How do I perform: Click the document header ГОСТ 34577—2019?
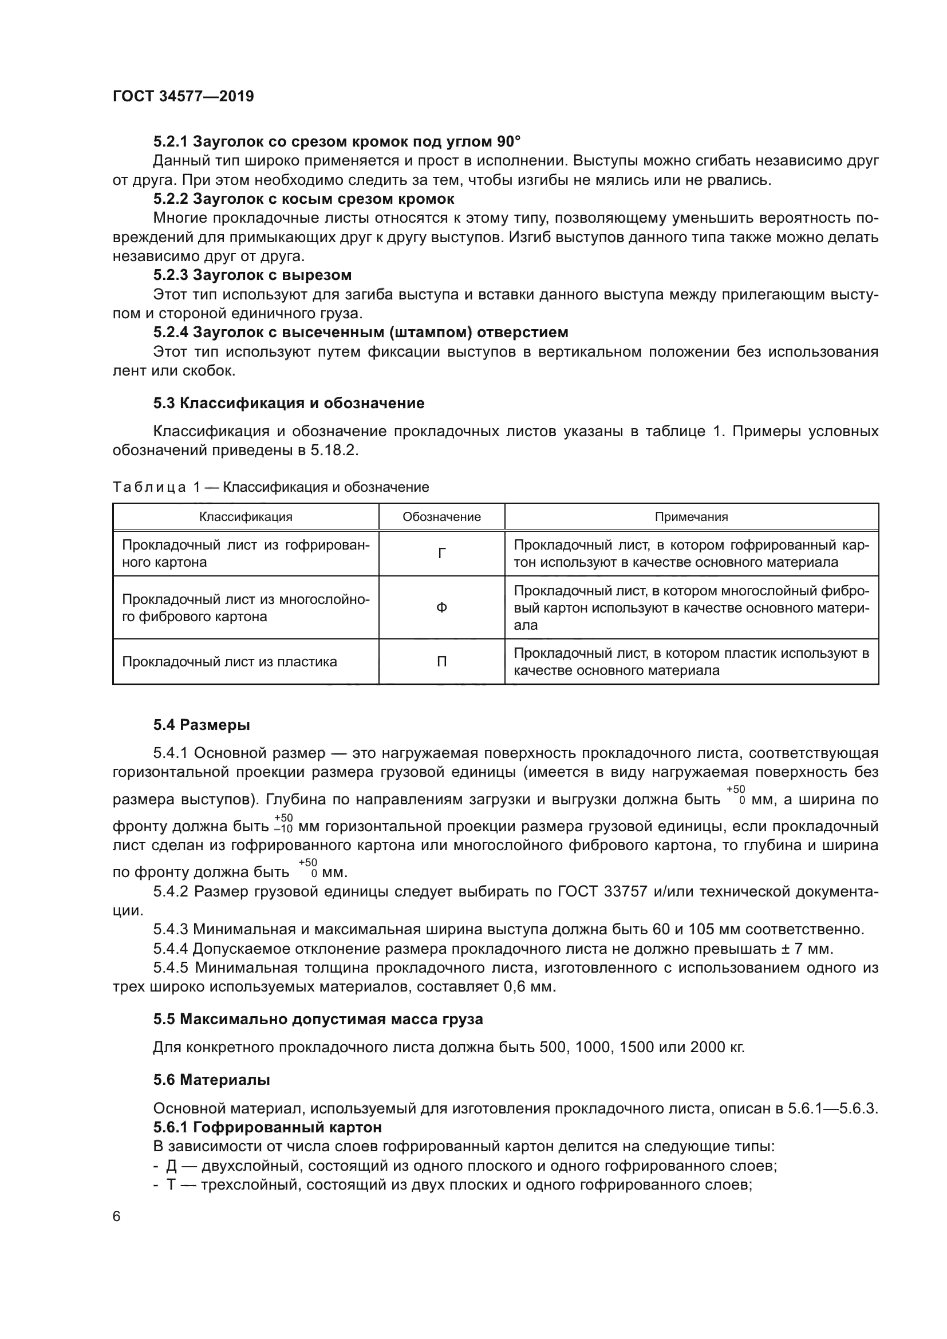tap(183, 97)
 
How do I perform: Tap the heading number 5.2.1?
tap(170, 142)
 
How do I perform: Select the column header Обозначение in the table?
tap(441, 517)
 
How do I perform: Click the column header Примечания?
tap(691, 517)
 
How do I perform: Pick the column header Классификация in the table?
tap(246, 517)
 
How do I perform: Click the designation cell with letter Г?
tap(441, 554)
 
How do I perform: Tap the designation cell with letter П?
tap(441, 662)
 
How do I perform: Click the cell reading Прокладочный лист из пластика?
tap(229, 662)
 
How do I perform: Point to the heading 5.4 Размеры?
tap(202, 725)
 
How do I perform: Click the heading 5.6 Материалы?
tap(212, 1080)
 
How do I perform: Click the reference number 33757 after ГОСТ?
tap(625, 892)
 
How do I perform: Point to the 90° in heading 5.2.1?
tap(508, 142)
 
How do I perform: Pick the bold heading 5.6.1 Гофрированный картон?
tap(267, 1127)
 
